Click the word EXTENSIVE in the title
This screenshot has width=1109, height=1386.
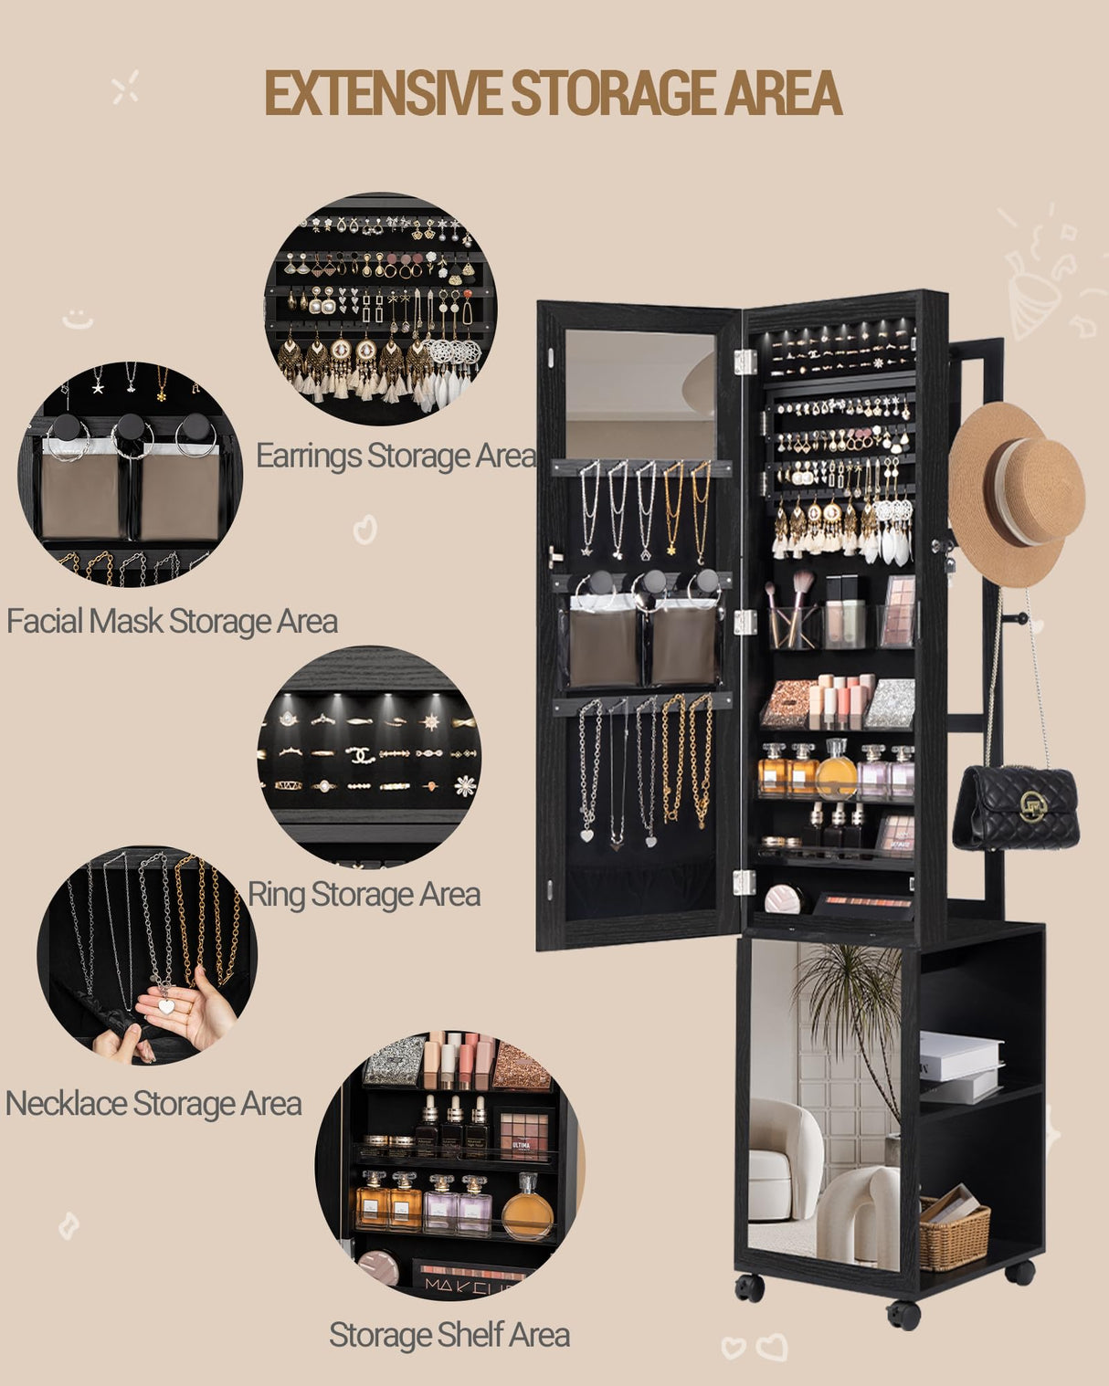383,93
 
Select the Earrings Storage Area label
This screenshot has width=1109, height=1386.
395,456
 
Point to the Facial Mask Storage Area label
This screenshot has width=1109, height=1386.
172,622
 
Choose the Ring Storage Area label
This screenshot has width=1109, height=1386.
364,895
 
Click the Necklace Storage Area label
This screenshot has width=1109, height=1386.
153,1104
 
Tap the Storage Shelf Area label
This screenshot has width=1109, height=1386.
449,1335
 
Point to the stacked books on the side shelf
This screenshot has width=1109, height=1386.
959,1066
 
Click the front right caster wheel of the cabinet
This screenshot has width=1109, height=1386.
903,1315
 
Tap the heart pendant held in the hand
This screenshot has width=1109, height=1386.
166,1005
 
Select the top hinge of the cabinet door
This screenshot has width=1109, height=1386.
745,361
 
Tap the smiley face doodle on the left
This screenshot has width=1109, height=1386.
78,320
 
